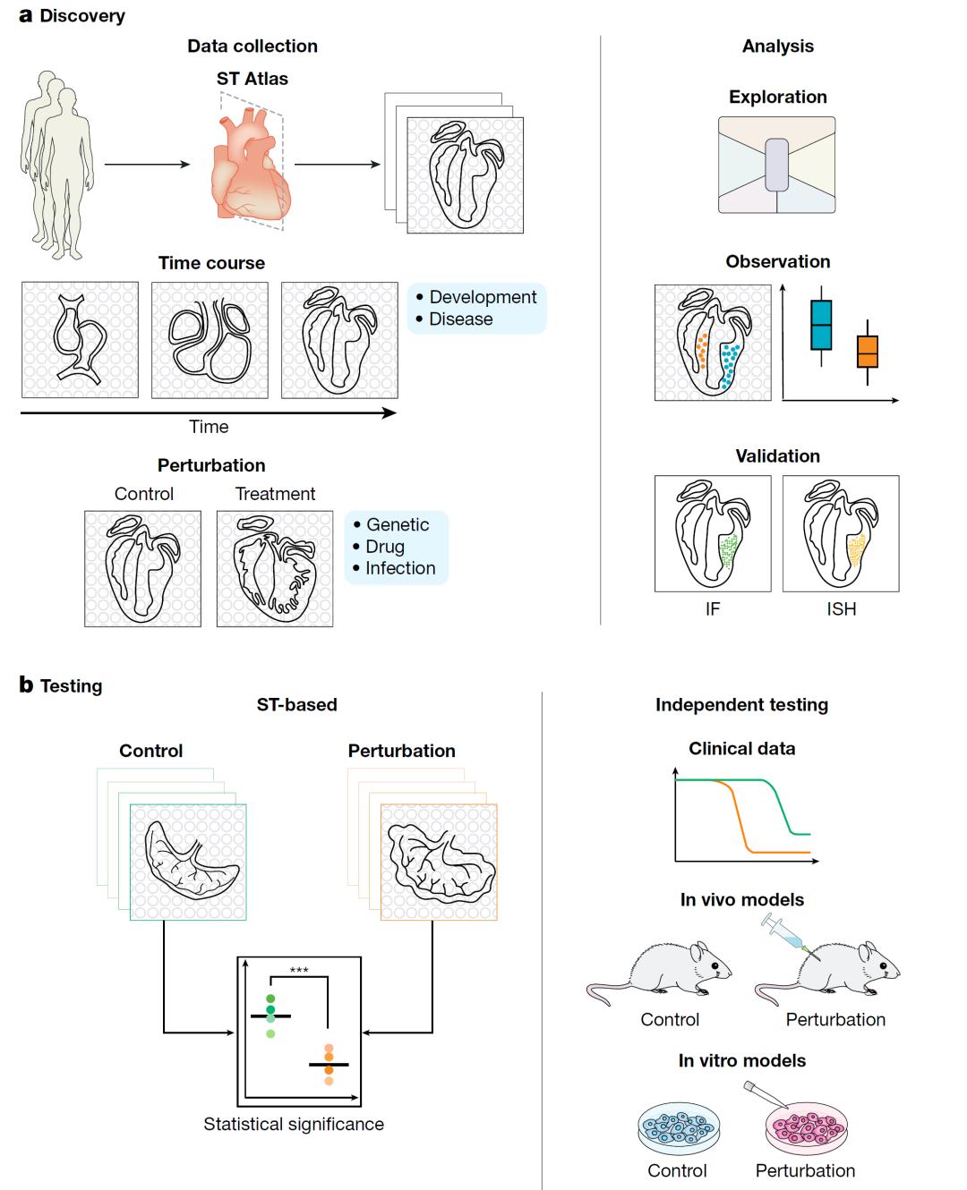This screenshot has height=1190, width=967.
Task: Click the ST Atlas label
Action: (x=252, y=79)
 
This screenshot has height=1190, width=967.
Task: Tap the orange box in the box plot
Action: (x=867, y=352)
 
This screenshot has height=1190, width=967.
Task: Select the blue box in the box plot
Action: (x=821, y=324)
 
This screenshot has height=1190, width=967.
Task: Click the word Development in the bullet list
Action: (x=483, y=297)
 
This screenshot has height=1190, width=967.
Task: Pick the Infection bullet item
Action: (x=399, y=568)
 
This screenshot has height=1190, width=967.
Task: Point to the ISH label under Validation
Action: (x=841, y=609)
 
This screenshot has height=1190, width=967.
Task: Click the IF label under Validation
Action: (x=712, y=609)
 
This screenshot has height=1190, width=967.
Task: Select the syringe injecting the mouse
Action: (x=785, y=934)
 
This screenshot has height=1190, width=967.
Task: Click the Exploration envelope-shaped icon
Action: (x=776, y=165)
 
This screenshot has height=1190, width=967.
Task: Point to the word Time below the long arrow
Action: (x=209, y=427)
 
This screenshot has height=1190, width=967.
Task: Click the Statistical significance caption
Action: (x=294, y=1124)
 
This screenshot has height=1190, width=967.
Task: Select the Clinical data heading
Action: (x=741, y=749)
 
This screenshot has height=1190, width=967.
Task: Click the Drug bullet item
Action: (x=385, y=547)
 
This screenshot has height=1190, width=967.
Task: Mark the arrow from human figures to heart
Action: (x=147, y=165)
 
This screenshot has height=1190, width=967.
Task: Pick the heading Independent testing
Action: (x=741, y=705)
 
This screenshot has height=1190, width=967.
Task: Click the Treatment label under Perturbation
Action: (x=275, y=494)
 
